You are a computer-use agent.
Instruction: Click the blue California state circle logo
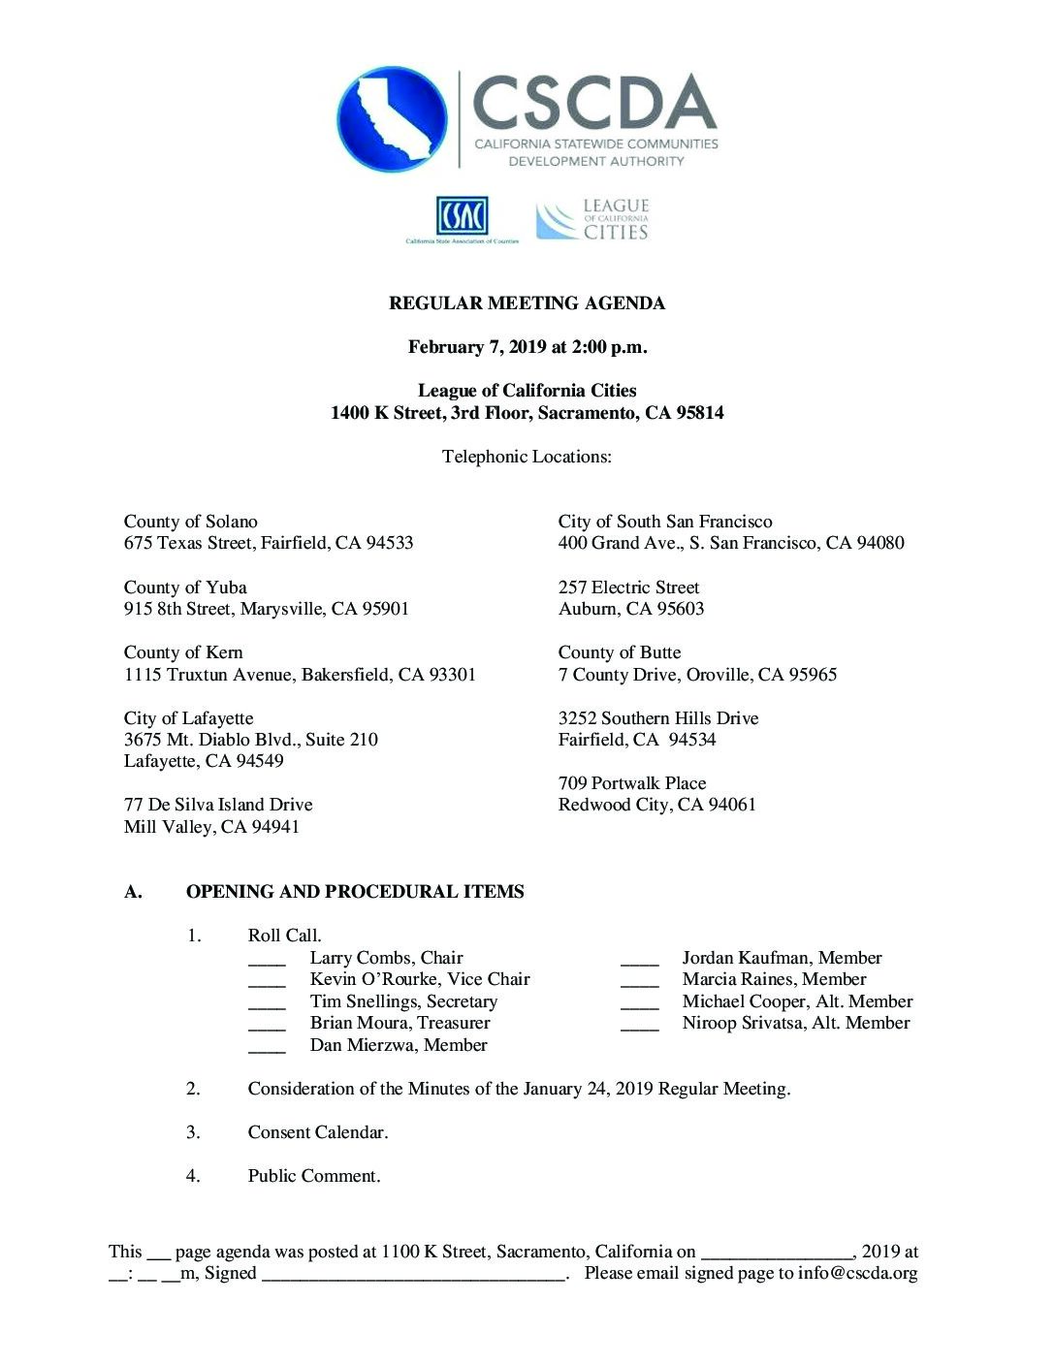(392, 119)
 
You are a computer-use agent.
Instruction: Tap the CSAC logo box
(462, 216)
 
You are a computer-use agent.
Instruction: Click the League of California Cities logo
(592, 220)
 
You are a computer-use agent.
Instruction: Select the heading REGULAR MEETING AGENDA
(527, 303)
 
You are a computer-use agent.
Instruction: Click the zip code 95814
(700, 413)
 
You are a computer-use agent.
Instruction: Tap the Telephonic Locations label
(527, 457)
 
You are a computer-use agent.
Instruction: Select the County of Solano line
(190, 522)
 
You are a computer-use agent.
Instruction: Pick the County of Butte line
(620, 652)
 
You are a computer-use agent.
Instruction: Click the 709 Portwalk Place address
(632, 783)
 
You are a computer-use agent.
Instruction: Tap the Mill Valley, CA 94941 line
(211, 827)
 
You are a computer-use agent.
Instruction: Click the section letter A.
(133, 892)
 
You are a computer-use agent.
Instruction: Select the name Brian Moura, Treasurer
(400, 1023)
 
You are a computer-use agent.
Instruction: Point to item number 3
(193, 1132)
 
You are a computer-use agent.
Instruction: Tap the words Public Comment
(314, 1176)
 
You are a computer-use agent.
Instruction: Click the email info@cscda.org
(857, 1273)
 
